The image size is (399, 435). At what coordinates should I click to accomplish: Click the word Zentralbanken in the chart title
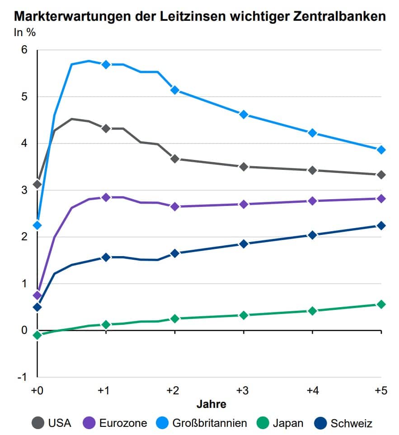(342, 16)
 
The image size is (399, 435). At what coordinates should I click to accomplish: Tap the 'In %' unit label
(25, 33)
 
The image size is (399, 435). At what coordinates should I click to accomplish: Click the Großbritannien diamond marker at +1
(106, 65)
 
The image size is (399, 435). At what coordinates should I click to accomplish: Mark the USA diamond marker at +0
(38, 184)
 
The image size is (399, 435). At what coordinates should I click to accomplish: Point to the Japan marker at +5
(381, 304)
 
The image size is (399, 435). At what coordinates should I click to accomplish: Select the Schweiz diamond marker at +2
(175, 253)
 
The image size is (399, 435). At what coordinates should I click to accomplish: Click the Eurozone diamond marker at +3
(244, 204)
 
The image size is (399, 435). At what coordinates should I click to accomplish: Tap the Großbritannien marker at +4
(312, 133)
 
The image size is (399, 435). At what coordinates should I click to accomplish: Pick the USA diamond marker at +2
(175, 159)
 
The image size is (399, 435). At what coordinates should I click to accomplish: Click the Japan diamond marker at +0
(38, 335)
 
